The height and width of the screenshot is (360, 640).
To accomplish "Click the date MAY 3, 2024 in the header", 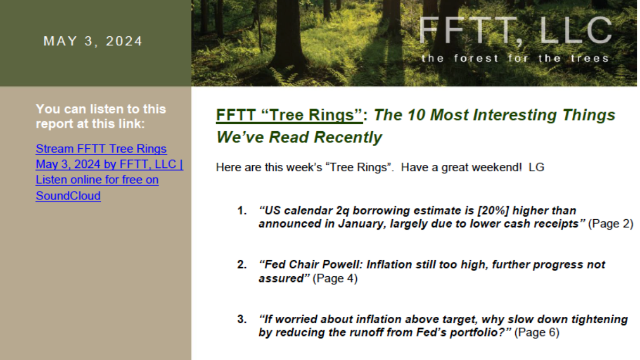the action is pyautogui.click(x=93, y=41).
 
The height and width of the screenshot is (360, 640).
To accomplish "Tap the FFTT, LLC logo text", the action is pyautogui.click(x=515, y=31).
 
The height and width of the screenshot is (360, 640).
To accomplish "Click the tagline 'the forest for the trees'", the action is pyautogui.click(x=515, y=58).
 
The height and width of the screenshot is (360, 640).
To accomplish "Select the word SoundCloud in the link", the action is pyautogui.click(x=68, y=196).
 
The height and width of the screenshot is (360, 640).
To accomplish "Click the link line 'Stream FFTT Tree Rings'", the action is pyautogui.click(x=101, y=149).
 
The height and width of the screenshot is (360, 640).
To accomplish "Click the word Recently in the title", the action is pyautogui.click(x=348, y=137).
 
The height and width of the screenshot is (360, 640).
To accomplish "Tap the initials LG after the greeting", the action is pyautogui.click(x=537, y=167).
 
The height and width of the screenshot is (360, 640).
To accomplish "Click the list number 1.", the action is pyautogui.click(x=242, y=211).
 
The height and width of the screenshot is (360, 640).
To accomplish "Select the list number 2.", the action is pyautogui.click(x=242, y=265).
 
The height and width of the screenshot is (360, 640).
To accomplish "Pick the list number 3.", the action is pyautogui.click(x=242, y=319).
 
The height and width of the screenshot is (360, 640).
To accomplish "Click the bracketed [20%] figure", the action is pyautogui.click(x=493, y=211).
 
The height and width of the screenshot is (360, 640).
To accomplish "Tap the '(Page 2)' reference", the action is pyautogui.click(x=611, y=223).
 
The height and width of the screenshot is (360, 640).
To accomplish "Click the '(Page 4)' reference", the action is pyautogui.click(x=335, y=278).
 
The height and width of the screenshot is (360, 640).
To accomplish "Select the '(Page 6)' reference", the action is pyautogui.click(x=537, y=332).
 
